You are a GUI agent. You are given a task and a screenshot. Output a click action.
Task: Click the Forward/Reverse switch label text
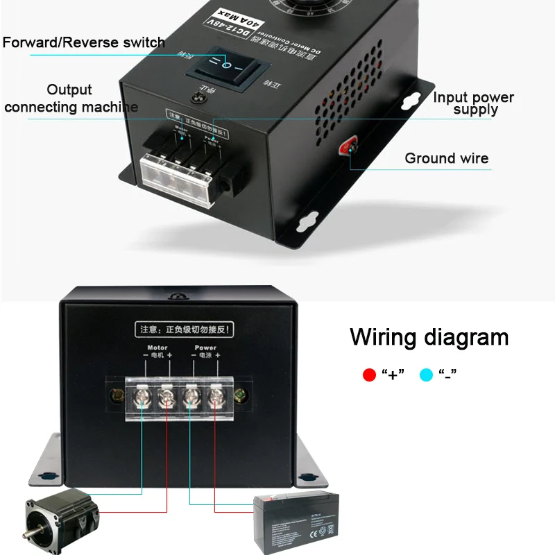coord(84,42)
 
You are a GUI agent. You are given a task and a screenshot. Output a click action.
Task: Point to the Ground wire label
coord(446,158)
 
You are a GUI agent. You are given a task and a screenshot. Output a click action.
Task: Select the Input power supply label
coord(474,103)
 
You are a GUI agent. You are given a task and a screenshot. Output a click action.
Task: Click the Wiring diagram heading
coord(429,337)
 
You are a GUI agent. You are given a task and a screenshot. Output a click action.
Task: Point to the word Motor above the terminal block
coord(157,347)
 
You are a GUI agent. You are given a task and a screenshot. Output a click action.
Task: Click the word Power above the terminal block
coord(205,347)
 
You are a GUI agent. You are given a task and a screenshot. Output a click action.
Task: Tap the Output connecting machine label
coord(70,99)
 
